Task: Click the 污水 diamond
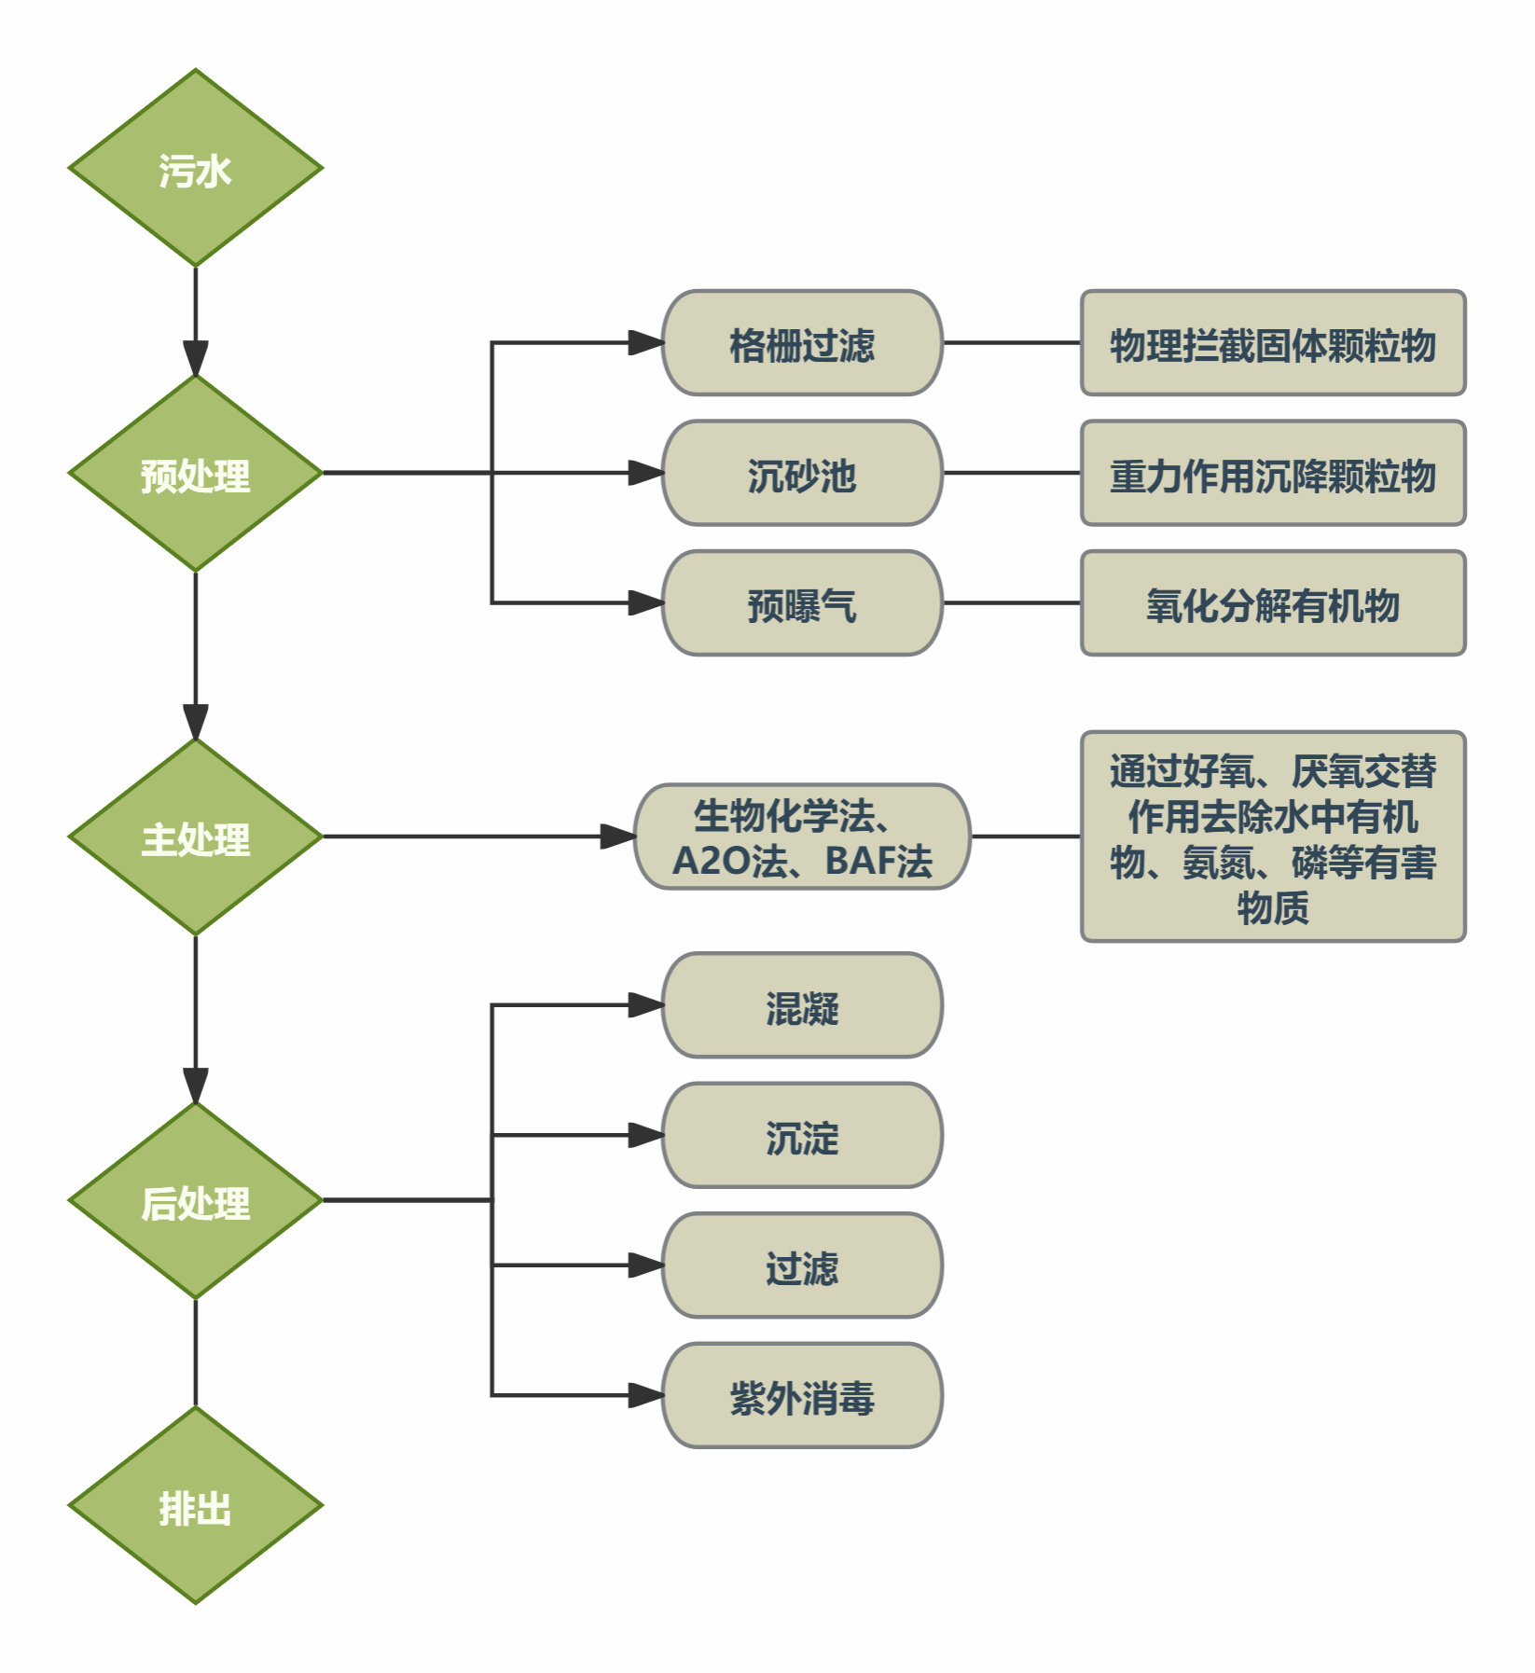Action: click(195, 169)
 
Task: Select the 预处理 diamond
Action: click(195, 474)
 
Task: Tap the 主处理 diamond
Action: click(195, 837)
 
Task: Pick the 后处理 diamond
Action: click(195, 1201)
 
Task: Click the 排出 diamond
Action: click(195, 1506)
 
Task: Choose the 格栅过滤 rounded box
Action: click(802, 343)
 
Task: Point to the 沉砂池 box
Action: click(802, 474)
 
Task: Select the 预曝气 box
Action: click(802, 603)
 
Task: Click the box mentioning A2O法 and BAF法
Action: click(802, 837)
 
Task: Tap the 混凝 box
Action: click(802, 1005)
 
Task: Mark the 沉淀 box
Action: click(802, 1136)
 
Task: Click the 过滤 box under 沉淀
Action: click(802, 1265)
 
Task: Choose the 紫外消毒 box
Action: click(802, 1396)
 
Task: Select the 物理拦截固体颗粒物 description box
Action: click(1273, 343)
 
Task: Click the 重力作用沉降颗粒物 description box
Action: click(1273, 474)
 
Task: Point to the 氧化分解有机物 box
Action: click(1273, 603)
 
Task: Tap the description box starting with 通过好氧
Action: click(1273, 837)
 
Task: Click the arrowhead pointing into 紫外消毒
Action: click(646, 1396)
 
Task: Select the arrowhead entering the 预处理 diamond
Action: click(195, 359)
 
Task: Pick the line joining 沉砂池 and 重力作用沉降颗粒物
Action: click(1012, 474)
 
